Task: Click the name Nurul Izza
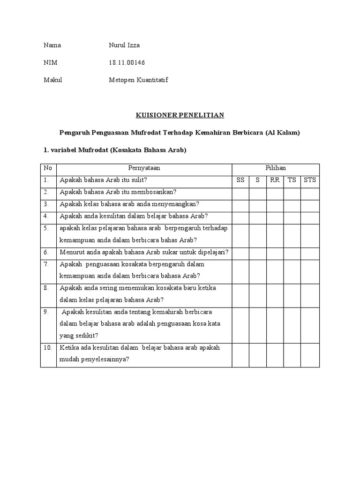coord(124,45)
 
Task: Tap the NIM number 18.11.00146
coord(130,63)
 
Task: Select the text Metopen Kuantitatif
coord(138,80)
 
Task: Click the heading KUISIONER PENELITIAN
coord(180,115)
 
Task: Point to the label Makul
coord(53,80)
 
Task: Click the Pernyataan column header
coord(144,168)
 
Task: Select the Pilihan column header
coord(276,168)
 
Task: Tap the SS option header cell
coord(240,180)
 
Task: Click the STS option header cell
coord(310,180)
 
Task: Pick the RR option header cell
coord(275,180)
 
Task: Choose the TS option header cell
coord(292,180)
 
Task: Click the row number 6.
coord(46,252)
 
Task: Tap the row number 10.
coord(48,348)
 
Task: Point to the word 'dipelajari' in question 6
coord(212,252)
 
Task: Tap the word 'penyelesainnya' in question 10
coord(101,360)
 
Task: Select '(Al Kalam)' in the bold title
coord(282,133)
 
